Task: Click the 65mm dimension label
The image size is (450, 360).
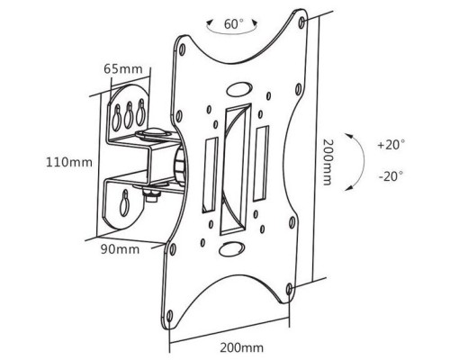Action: [x=123, y=69]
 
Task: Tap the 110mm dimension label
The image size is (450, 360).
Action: [x=69, y=162]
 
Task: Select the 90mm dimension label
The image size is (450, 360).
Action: [x=120, y=249]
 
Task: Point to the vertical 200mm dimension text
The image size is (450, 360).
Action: [x=328, y=162]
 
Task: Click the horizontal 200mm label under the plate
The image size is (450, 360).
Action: [x=242, y=347]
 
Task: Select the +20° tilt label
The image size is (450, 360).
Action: [x=391, y=145]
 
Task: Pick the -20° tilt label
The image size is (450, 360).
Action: [x=391, y=176]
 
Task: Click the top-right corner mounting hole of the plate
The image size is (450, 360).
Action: [x=301, y=22]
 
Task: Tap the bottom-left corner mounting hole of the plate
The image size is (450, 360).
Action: [x=169, y=316]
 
